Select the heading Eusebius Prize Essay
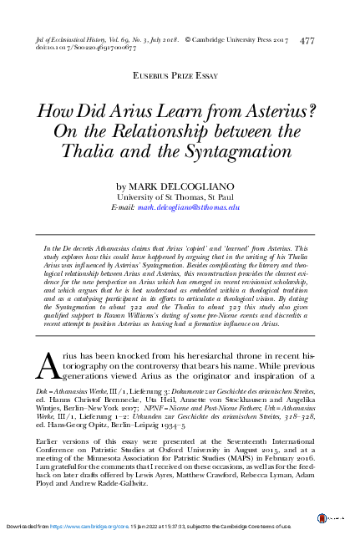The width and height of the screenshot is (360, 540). click(x=180, y=75)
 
